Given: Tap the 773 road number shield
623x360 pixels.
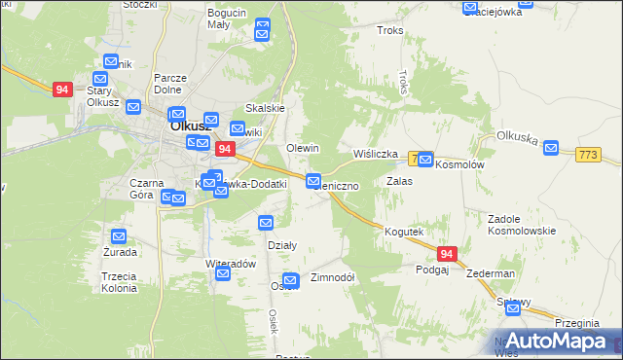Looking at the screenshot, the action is (x=589, y=156).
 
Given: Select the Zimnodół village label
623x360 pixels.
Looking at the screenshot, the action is (x=331, y=277).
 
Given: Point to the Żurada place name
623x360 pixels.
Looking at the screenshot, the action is (x=118, y=252).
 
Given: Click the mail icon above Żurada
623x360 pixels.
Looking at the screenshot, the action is (x=118, y=236).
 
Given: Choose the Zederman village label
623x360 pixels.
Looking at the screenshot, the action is (x=490, y=273).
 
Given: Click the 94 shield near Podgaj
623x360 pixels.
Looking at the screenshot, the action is (x=446, y=254).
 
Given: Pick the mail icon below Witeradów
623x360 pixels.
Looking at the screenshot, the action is (x=223, y=275).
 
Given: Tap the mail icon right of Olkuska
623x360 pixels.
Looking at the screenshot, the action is (x=551, y=148).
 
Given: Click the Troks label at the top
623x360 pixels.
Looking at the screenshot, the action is (x=389, y=31).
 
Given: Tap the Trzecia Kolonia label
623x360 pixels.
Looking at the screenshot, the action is (x=119, y=282).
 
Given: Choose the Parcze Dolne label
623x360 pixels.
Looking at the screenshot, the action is (x=170, y=84).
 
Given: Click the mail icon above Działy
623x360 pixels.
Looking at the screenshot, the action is (x=266, y=224).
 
